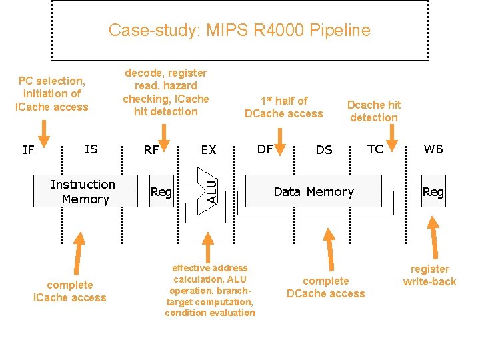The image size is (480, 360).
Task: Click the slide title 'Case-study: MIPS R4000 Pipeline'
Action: (x=239, y=30)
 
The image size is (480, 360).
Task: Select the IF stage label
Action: (x=28, y=150)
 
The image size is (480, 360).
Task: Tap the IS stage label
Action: (x=91, y=149)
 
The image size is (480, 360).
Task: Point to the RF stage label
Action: (x=151, y=150)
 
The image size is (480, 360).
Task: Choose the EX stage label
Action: (x=209, y=150)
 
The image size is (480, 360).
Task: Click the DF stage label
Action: (x=265, y=149)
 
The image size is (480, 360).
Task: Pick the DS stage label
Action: (x=324, y=150)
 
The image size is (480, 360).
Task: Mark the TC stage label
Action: (x=375, y=149)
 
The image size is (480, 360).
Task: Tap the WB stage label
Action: (x=433, y=149)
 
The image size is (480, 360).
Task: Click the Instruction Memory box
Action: (x=85, y=192)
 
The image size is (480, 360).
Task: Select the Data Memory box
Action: (x=313, y=192)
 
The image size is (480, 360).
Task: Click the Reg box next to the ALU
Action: (x=161, y=193)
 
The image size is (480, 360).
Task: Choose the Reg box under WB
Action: (x=433, y=192)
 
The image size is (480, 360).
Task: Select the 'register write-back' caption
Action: (x=429, y=275)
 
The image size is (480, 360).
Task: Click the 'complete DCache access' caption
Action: (x=325, y=287)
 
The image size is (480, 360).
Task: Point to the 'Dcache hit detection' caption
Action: (x=374, y=111)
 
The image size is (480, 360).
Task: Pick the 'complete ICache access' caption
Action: (x=69, y=291)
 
